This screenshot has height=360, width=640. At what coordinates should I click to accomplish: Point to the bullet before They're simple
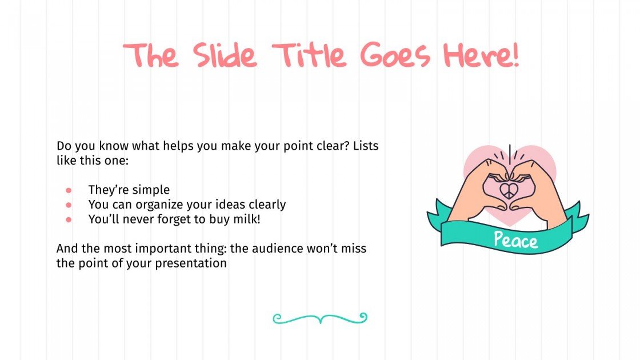(x=69, y=190)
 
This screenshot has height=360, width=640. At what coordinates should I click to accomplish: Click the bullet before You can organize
(x=69, y=204)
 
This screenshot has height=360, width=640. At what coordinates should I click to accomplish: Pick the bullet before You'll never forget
(x=69, y=219)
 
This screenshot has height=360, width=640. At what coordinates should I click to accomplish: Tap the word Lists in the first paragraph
(x=365, y=146)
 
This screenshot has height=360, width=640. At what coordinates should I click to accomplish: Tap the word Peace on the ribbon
(x=515, y=239)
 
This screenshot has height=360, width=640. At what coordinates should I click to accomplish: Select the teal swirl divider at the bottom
(x=320, y=318)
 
